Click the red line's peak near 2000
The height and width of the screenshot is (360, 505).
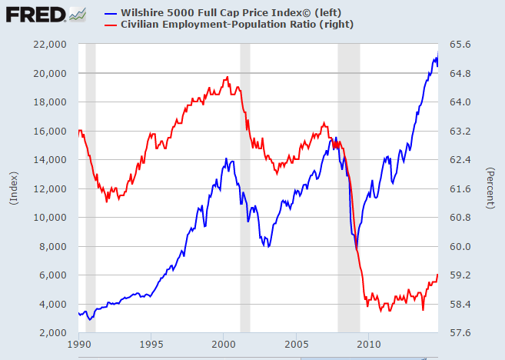pyautogui.click(x=227, y=77)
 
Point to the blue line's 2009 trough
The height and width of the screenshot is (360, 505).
pyautogui.click(x=356, y=248)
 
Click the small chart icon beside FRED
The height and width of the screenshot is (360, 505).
pyautogui.click(x=78, y=13)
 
